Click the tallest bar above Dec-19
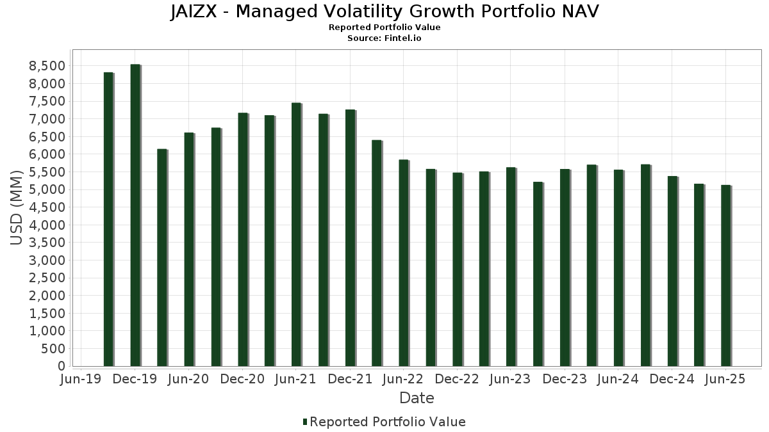135,215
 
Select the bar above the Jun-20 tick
189,250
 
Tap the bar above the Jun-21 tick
296,234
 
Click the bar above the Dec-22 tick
457,269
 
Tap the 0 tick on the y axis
62,366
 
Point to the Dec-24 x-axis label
672,379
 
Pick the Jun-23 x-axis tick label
510,379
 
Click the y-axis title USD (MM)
17,207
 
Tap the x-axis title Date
417,398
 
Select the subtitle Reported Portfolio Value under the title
384,28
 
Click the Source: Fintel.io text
384,38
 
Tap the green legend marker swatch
305,422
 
